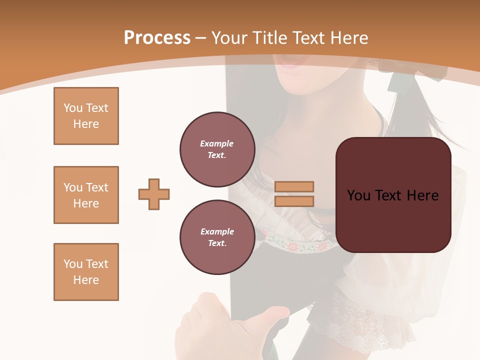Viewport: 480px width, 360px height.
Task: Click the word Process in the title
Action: point(157,38)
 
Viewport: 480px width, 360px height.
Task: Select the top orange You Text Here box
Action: point(86,116)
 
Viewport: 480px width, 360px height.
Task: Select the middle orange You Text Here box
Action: point(86,195)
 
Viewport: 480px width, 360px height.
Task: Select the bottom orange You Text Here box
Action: point(86,272)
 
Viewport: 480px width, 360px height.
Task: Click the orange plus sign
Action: point(154,194)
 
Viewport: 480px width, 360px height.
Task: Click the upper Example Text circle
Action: point(217,149)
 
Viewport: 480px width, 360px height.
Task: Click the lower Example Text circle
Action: point(217,237)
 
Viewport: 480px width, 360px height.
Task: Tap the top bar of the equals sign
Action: point(294,186)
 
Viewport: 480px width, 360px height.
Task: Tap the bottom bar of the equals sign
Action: point(294,201)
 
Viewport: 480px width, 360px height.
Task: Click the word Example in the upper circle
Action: point(216,143)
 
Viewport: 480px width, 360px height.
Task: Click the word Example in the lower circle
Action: point(217,231)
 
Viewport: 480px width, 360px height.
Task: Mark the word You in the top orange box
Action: point(72,108)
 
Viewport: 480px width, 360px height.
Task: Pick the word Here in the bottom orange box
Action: point(86,280)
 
